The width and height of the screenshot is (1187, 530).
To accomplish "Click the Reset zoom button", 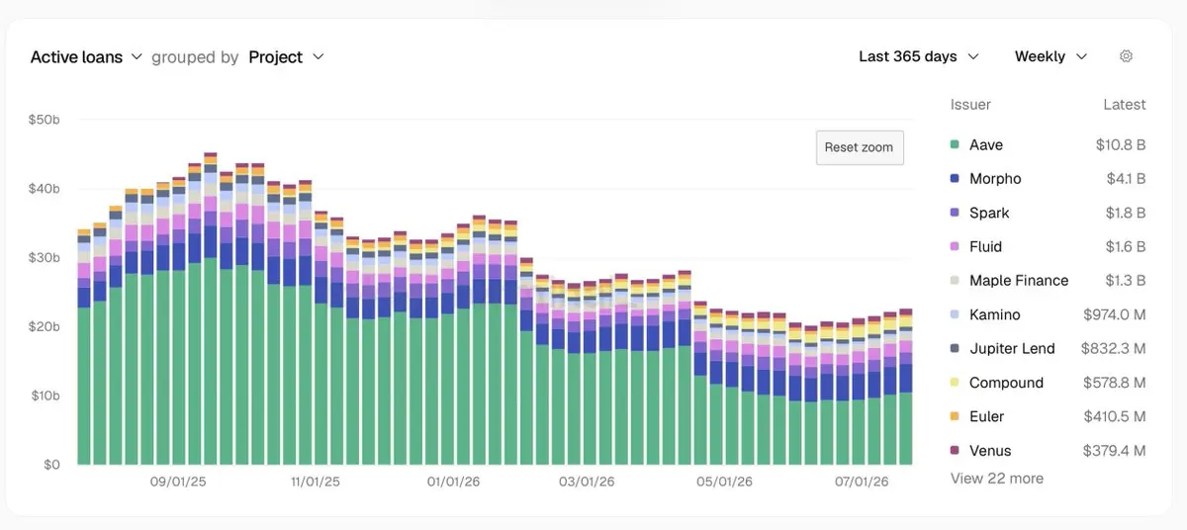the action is [860, 147].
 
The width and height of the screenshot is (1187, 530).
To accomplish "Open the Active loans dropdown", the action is [86, 56].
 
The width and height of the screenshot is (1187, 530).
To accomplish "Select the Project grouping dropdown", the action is [286, 56].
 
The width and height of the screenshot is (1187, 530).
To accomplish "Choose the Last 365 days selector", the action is [918, 56].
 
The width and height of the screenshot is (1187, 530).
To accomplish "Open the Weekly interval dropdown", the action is [1050, 56].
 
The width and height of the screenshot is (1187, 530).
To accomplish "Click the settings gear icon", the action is [1126, 56].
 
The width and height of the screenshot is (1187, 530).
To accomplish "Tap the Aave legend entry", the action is [976, 144].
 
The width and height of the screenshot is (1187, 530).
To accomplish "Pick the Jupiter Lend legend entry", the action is [1003, 348].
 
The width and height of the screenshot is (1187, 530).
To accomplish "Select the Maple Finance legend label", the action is [1019, 281].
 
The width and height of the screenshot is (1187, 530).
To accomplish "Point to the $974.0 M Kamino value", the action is [1115, 314].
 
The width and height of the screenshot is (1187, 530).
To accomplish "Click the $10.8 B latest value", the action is [1121, 144].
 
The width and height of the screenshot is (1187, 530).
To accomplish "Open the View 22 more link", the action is [997, 479].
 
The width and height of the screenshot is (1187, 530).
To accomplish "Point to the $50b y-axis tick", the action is [44, 120].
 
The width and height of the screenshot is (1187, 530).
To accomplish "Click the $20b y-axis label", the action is [44, 326].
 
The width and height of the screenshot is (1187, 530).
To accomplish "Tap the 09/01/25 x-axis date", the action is [178, 482].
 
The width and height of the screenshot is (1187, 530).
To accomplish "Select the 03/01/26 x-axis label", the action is [587, 482].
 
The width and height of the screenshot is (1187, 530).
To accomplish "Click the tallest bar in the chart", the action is [211, 309].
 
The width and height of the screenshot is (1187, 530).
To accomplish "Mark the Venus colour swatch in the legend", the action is [955, 450].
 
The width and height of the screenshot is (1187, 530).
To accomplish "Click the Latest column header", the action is [1125, 104].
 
